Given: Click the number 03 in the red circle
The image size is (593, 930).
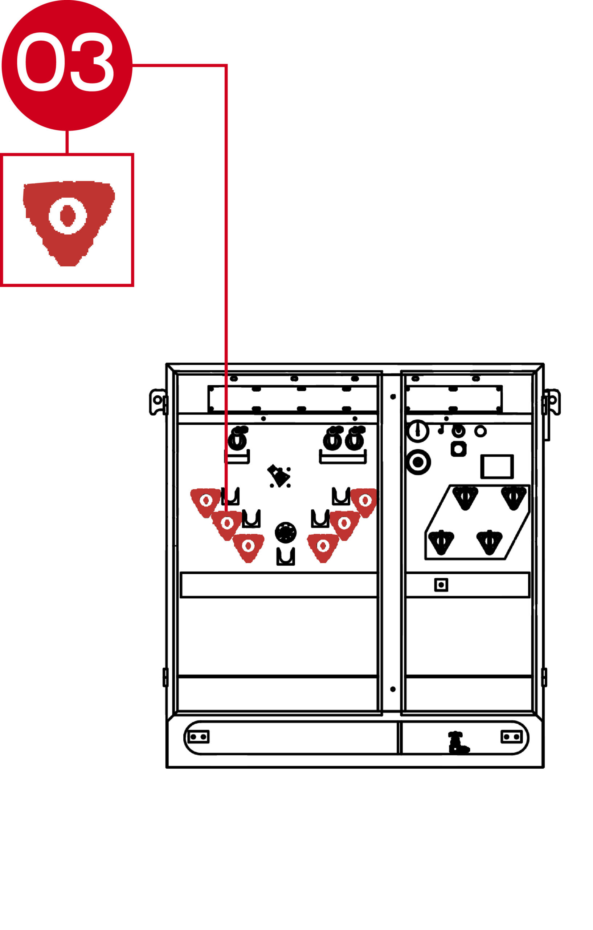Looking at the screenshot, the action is coord(65,62).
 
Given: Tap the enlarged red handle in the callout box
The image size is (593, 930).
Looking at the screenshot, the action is coord(69,223).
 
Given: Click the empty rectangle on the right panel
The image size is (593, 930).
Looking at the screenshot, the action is coord(497,466).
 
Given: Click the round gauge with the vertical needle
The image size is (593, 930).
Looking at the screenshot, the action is coord(417,431).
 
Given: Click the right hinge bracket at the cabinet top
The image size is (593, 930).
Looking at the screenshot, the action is coord(551,402).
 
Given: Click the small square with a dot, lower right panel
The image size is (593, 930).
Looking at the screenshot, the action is coord(441,585).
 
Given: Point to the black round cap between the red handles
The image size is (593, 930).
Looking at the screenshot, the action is coord(286,533).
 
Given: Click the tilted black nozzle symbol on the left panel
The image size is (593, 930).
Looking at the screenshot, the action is coord(279,476).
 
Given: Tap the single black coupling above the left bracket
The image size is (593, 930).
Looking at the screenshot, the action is coord(237,438).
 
